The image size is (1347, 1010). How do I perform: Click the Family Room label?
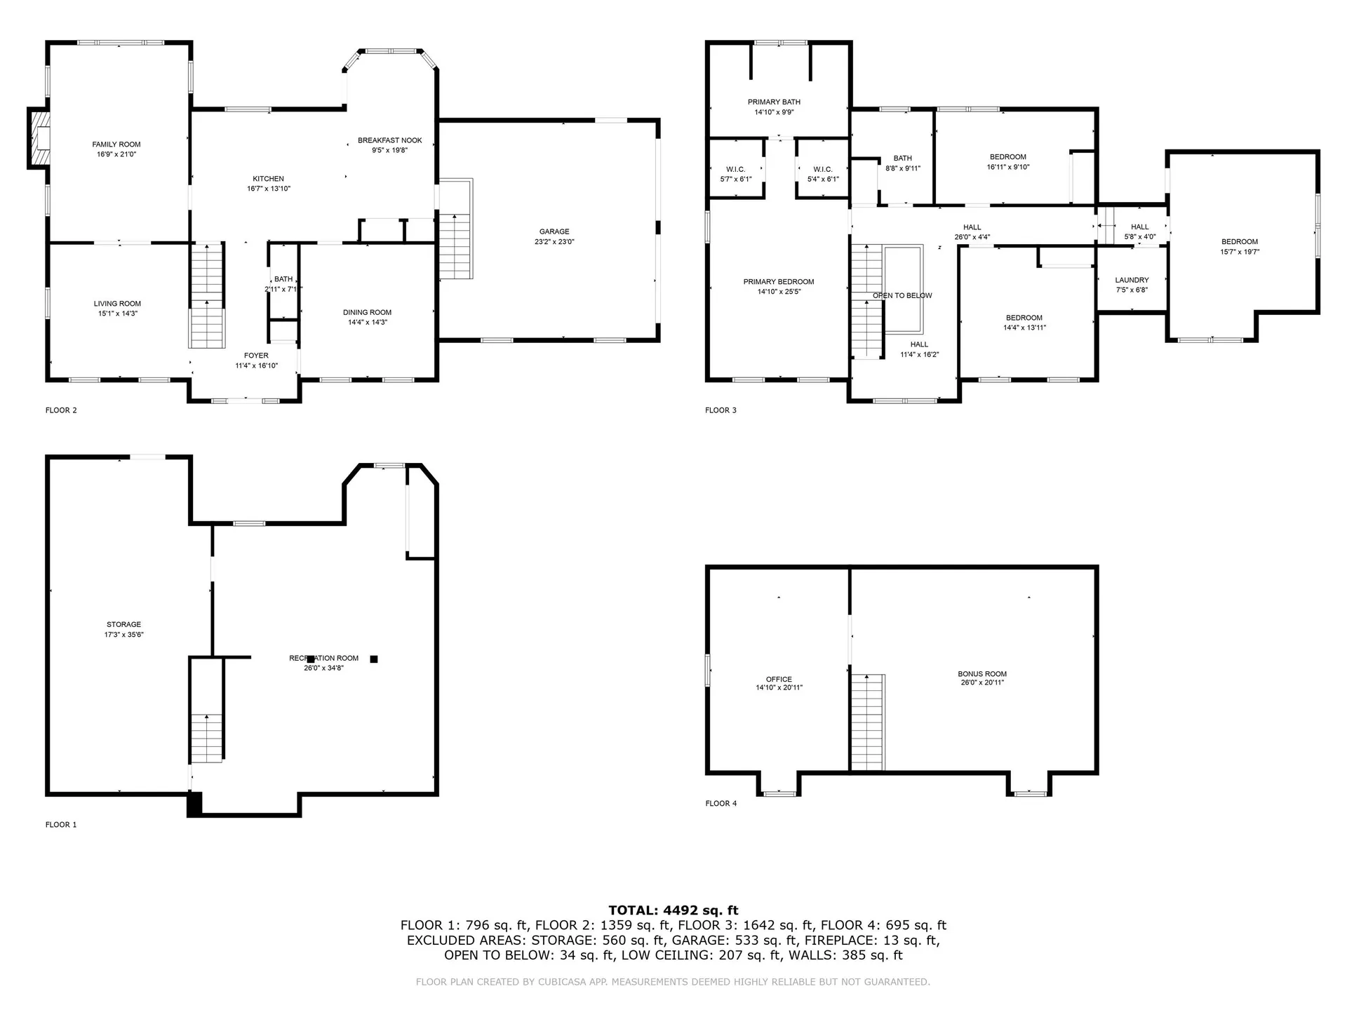[116, 144]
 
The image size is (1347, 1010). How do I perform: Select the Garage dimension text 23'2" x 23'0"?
[554, 242]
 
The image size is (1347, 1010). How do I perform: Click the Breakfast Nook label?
[390, 141]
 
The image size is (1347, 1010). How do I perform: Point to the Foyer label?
[256, 356]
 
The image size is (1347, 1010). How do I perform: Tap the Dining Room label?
[367, 313]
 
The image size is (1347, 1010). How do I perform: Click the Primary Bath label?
[774, 102]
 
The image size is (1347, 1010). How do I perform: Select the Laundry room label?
[1132, 281]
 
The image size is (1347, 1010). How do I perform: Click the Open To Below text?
[902, 296]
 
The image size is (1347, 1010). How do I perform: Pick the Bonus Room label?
[982, 674]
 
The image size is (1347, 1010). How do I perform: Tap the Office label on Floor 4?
[779, 680]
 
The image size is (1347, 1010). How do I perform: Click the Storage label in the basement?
[124, 625]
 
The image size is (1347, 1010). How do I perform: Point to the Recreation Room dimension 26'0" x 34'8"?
[323, 668]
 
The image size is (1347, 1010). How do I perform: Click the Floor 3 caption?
[721, 410]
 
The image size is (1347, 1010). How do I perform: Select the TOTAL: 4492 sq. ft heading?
[673, 911]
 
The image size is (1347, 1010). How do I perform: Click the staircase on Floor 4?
[868, 722]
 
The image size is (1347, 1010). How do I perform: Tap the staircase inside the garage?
[455, 245]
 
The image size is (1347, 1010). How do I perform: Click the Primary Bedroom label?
[779, 282]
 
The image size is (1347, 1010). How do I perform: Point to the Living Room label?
[117, 304]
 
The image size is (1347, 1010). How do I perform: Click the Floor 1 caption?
[61, 825]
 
